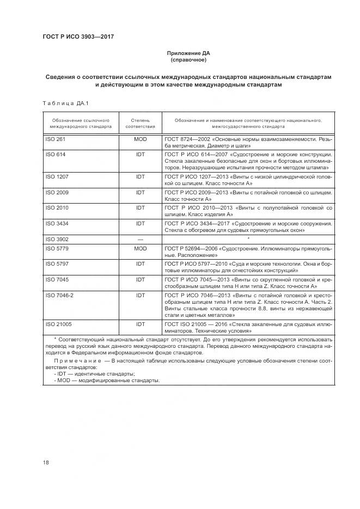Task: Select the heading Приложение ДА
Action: pyautogui.click(x=188, y=53)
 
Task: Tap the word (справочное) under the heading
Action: pyautogui.click(x=188, y=60)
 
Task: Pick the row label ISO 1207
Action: pyautogui.click(x=57, y=177)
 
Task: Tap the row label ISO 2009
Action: pyautogui.click(x=57, y=192)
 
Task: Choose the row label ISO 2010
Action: pyautogui.click(x=57, y=207)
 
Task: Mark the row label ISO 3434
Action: pyautogui.click(x=57, y=223)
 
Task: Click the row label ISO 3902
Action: pyautogui.click(x=57, y=239)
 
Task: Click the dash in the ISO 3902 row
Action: pyautogui.click(x=141, y=239)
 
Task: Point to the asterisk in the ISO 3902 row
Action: pyautogui.click(x=248, y=238)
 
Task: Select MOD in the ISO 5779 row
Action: pyautogui.click(x=141, y=248)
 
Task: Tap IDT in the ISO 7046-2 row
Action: pyautogui.click(x=141, y=295)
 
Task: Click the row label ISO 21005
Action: pyautogui.click(x=59, y=324)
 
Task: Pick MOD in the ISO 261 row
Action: pyautogui.click(x=141, y=139)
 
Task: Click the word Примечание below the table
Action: pyautogui.click(x=78, y=360)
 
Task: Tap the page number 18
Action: pyautogui.click(x=46, y=463)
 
